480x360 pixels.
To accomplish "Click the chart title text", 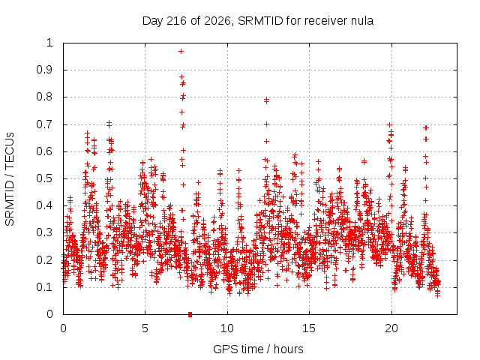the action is tap(258, 21).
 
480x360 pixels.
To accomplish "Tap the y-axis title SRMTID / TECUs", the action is tap(10, 179).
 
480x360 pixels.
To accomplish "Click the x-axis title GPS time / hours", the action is tap(258, 349).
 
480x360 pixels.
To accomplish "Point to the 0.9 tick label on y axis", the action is tap(45, 70).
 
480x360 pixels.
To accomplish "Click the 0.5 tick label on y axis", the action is tap(45, 178).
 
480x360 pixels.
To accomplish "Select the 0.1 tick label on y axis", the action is tap(45, 287).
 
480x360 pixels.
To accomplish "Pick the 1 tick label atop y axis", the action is tap(49, 43).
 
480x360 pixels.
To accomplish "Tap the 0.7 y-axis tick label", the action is tap(45, 124).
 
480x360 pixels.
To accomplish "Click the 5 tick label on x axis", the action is tap(145, 328).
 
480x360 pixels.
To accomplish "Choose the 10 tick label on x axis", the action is tap(227, 328).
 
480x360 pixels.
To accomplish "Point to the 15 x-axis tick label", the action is tap(309, 328).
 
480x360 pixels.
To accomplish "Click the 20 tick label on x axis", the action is tap(391, 328).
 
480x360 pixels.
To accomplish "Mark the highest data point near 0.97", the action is tap(181, 52).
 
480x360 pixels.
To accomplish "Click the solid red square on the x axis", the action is tap(190, 314).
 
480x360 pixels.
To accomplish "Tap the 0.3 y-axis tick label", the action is tap(45, 232).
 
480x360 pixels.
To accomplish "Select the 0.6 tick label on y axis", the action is tap(45, 151).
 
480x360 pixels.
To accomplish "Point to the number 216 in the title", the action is tap(176, 21).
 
